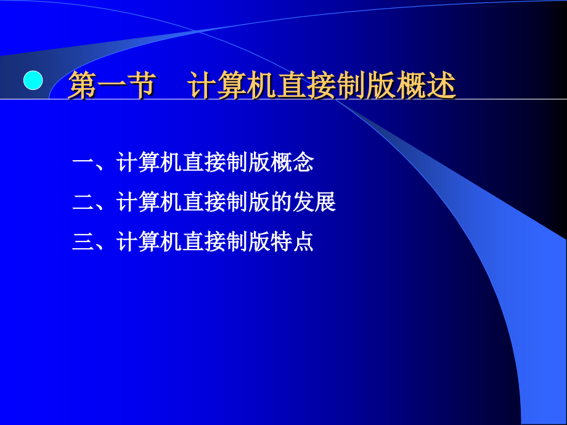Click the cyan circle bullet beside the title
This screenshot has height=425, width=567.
coord(33,80)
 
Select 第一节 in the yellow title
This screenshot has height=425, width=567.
coord(111,86)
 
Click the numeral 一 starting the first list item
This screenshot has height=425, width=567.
coord(82,163)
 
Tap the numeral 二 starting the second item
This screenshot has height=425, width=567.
coord(82,202)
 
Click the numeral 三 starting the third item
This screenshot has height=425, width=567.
coord(82,241)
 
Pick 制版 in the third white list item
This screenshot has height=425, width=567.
coord(248,241)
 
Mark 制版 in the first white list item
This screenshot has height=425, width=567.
coord(248,163)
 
